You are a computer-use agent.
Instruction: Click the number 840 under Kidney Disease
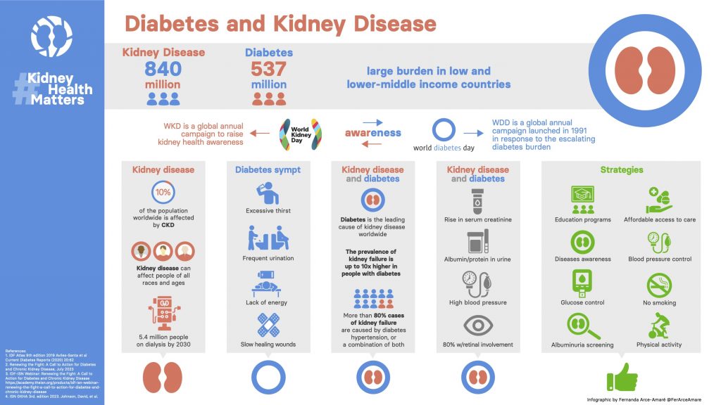pos(163,69)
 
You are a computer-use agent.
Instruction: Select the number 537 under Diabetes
pos(268,69)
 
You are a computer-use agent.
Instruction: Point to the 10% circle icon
pos(163,193)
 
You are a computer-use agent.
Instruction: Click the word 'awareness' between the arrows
pos(372,133)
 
